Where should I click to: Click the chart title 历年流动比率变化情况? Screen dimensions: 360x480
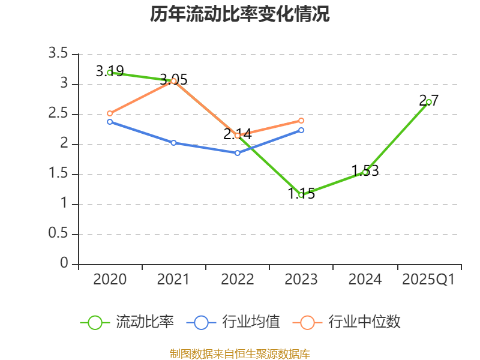coord(240,14)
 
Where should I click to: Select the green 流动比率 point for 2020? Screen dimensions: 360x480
coord(110,73)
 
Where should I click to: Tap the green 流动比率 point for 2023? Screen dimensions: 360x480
coord(301,195)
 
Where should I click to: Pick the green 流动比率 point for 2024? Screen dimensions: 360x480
coord(365,172)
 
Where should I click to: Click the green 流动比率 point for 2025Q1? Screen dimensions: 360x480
coord(428,102)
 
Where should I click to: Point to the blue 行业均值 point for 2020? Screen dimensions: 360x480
coord(110,122)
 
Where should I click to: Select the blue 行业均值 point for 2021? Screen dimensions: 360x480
coord(173,143)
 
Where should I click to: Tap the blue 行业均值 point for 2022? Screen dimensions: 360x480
coord(238,153)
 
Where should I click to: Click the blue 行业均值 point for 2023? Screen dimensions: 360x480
coord(301,130)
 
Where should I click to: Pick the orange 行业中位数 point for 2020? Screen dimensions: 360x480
coord(110,113)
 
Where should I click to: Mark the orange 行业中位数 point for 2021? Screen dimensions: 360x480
coord(173,81)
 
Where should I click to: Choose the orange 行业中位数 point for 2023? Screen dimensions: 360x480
coord(301,121)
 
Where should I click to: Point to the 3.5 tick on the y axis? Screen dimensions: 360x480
coord(58,54)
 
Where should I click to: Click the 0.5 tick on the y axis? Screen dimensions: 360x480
coord(58,234)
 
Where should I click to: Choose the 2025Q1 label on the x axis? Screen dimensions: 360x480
coord(428,280)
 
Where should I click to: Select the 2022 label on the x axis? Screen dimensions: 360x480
coord(238,280)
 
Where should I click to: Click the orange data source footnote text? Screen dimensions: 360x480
coord(240,353)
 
